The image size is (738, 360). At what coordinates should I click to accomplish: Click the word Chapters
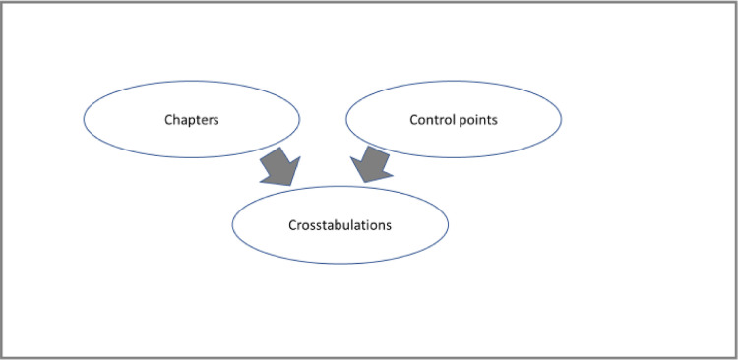(191, 120)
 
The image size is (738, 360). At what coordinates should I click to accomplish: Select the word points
(476, 120)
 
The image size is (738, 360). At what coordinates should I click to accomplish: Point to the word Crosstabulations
(339, 225)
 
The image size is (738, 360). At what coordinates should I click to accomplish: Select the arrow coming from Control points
(371, 164)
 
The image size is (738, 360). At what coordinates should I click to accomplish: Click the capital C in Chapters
(168, 120)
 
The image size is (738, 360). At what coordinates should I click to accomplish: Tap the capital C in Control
(413, 120)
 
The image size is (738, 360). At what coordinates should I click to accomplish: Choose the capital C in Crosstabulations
(292, 225)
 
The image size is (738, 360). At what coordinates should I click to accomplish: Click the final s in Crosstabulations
(389, 225)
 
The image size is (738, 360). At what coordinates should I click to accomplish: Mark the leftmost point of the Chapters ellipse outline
(84, 119)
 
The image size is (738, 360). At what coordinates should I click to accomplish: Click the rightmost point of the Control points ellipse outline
(562, 119)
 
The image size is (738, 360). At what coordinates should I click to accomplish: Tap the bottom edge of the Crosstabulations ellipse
(339, 263)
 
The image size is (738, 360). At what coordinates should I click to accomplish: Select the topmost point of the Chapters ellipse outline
(191, 81)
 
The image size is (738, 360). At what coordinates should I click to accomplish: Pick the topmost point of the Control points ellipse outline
(454, 81)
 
